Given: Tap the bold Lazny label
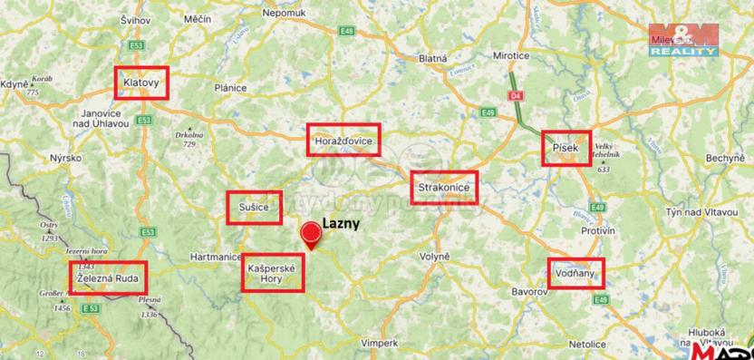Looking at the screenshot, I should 342,222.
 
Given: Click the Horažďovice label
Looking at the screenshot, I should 343,140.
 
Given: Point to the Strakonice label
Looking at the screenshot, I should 443,188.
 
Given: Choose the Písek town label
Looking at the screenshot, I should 566,148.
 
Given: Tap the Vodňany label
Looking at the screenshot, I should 575,273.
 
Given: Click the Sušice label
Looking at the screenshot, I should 254,208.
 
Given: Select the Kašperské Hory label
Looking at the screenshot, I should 272,273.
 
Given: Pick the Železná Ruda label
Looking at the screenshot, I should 108,278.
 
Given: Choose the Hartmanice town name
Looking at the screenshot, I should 213,258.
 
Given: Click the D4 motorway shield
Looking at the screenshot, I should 515,93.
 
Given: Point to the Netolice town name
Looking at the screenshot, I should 587,345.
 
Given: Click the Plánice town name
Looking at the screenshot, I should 230,87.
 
